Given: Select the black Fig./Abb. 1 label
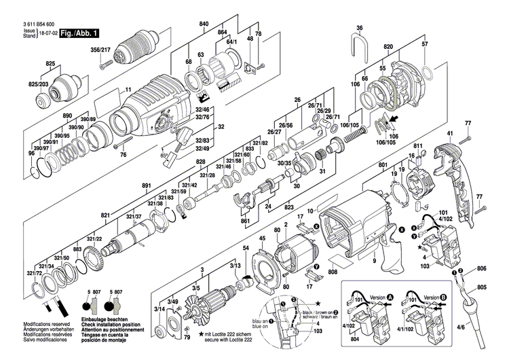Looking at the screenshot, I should (79, 33).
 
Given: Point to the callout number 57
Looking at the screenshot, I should (426, 44).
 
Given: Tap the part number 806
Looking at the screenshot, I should (481, 269).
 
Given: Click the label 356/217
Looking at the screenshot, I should (102, 50).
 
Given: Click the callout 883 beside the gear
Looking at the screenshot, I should (77, 249).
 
